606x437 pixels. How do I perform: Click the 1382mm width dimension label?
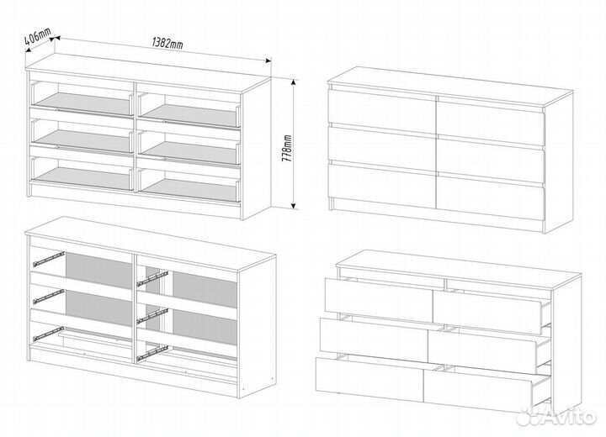167,43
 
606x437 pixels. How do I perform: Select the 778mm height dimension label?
287,148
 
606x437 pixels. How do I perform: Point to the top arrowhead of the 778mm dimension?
294,82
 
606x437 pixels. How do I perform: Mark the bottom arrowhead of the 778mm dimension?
294,206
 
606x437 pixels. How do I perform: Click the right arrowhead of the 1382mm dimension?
267,61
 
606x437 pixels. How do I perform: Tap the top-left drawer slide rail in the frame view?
49,259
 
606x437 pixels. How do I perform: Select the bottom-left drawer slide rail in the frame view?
49,334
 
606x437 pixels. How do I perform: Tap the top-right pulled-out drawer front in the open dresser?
487,313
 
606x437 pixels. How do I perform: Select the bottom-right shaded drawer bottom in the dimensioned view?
189,189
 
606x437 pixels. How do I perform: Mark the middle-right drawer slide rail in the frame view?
153,315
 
